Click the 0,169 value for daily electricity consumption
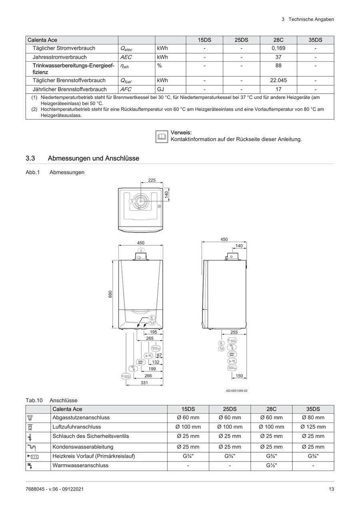278,48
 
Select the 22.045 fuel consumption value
278,80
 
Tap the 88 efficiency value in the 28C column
278,65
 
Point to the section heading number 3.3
30,158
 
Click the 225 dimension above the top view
152,180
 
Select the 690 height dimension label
110,294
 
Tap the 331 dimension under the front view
144,383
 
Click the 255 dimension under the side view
234,332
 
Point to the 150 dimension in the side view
239,376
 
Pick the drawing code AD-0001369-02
236,391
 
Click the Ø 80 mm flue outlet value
313,418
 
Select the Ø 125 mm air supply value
313,427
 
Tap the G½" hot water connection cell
271,466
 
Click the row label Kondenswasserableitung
83,447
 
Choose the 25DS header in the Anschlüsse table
230,409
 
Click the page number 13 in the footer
331,489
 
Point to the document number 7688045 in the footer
35,489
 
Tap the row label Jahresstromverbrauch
60,57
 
